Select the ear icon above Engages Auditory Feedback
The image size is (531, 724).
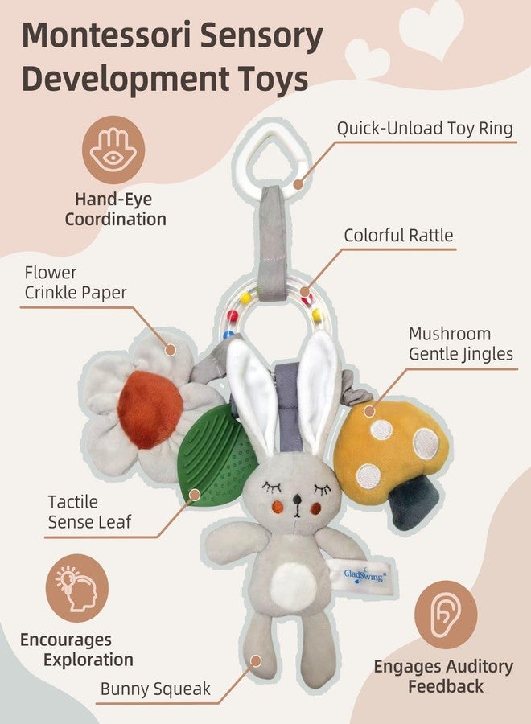[446, 614]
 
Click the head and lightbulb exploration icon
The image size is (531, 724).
[77, 588]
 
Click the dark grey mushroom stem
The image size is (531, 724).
[414, 502]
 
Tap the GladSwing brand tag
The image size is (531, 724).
[364, 575]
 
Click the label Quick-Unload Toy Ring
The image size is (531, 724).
[425, 129]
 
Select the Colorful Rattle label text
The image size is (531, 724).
[398, 236]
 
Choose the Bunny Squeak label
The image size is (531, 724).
[155, 689]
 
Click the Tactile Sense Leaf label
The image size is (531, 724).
[89, 512]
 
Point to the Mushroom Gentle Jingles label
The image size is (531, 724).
[461, 344]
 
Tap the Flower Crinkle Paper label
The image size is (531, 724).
[76, 282]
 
